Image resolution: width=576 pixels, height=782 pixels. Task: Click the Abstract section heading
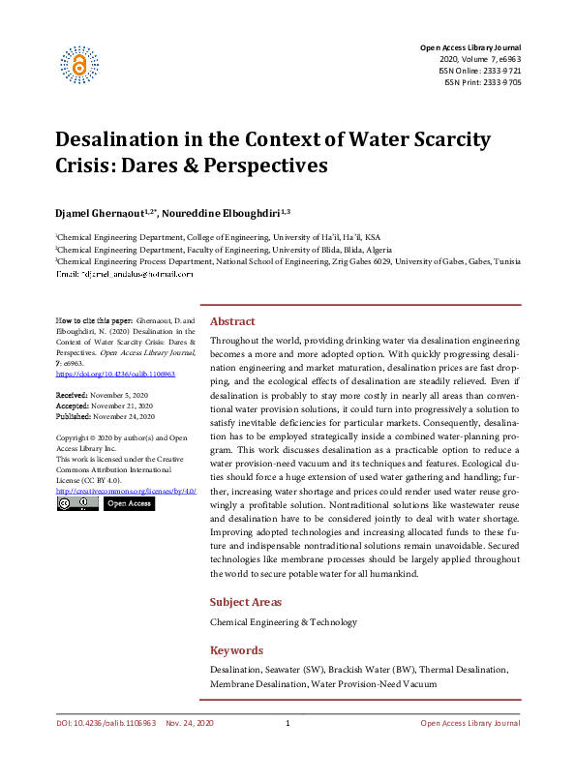coord(232,321)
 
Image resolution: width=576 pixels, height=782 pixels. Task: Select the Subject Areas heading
coord(246,602)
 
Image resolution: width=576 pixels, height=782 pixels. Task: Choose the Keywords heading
coord(237,650)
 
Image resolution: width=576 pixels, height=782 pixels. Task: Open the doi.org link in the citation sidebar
coord(102,373)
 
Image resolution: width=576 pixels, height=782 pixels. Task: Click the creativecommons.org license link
coord(126,492)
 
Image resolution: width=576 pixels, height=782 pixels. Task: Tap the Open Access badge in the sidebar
coord(128,504)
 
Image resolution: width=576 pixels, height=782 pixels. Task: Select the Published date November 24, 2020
coord(106,417)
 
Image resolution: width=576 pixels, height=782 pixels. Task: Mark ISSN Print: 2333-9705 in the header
coord(483,83)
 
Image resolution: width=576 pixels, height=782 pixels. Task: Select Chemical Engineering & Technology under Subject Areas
coord(284,622)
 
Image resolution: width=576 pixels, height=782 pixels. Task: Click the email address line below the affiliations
coord(125,275)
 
